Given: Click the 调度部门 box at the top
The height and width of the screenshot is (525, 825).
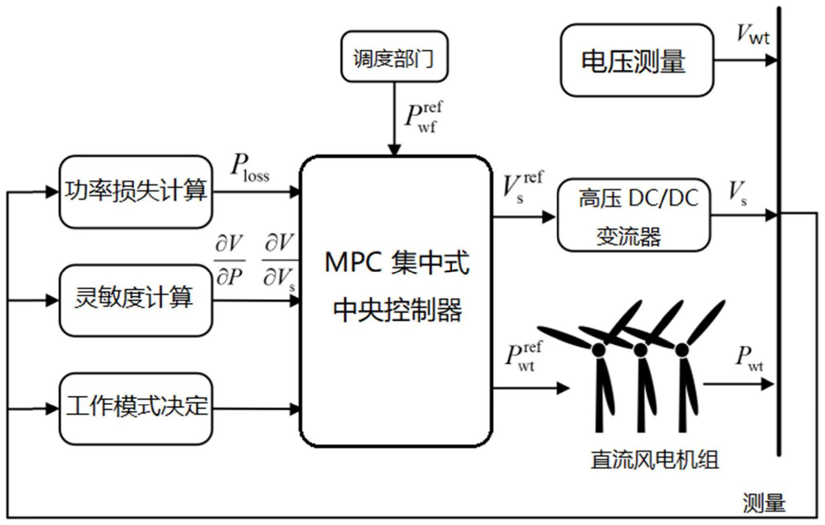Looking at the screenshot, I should coord(394,57).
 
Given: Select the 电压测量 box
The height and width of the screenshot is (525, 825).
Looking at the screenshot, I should coord(636,61).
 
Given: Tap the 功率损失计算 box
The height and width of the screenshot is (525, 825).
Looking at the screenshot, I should coord(136,192).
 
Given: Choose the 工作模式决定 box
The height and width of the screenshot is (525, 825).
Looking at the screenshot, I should coord(136,407).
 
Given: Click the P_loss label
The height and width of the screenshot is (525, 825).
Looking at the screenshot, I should coord(249,167).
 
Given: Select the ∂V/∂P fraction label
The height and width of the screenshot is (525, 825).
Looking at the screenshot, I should coord(229,260).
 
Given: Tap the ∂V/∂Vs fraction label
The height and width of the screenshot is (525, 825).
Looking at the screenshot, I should coord(279,260).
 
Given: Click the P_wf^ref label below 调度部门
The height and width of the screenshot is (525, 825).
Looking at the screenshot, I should coord(423,118).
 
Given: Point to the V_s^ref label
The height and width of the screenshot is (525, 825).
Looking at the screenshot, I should coord(522,187).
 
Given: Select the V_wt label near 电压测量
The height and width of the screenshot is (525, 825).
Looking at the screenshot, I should coord(752,34).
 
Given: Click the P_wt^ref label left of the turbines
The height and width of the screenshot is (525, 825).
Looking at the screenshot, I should coord(524,356).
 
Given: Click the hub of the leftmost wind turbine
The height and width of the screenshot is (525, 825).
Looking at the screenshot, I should coord(599,350).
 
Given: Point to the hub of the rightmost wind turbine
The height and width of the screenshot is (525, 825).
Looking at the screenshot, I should coord(682,350).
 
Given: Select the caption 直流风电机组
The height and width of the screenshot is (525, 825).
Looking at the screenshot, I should coord(654,459).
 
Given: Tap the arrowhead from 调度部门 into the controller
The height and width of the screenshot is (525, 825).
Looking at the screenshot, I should coord(394,150).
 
